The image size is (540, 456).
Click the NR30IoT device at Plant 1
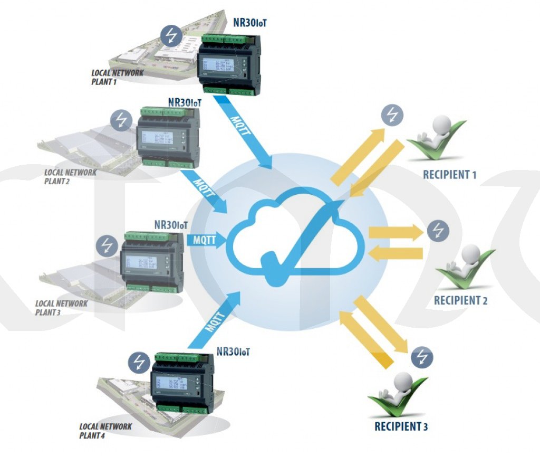tap(230, 63)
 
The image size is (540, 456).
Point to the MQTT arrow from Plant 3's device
tap(206, 240)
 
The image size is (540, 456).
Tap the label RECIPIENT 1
tap(449, 174)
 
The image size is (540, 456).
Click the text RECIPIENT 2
tap(460, 301)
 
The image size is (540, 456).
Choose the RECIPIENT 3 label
tap(401, 426)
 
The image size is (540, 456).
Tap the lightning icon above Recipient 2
tap(438, 231)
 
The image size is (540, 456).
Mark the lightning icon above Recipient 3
tap(422, 358)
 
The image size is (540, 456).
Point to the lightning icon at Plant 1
tap(171, 35)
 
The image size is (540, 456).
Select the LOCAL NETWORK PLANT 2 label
tap(70, 176)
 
